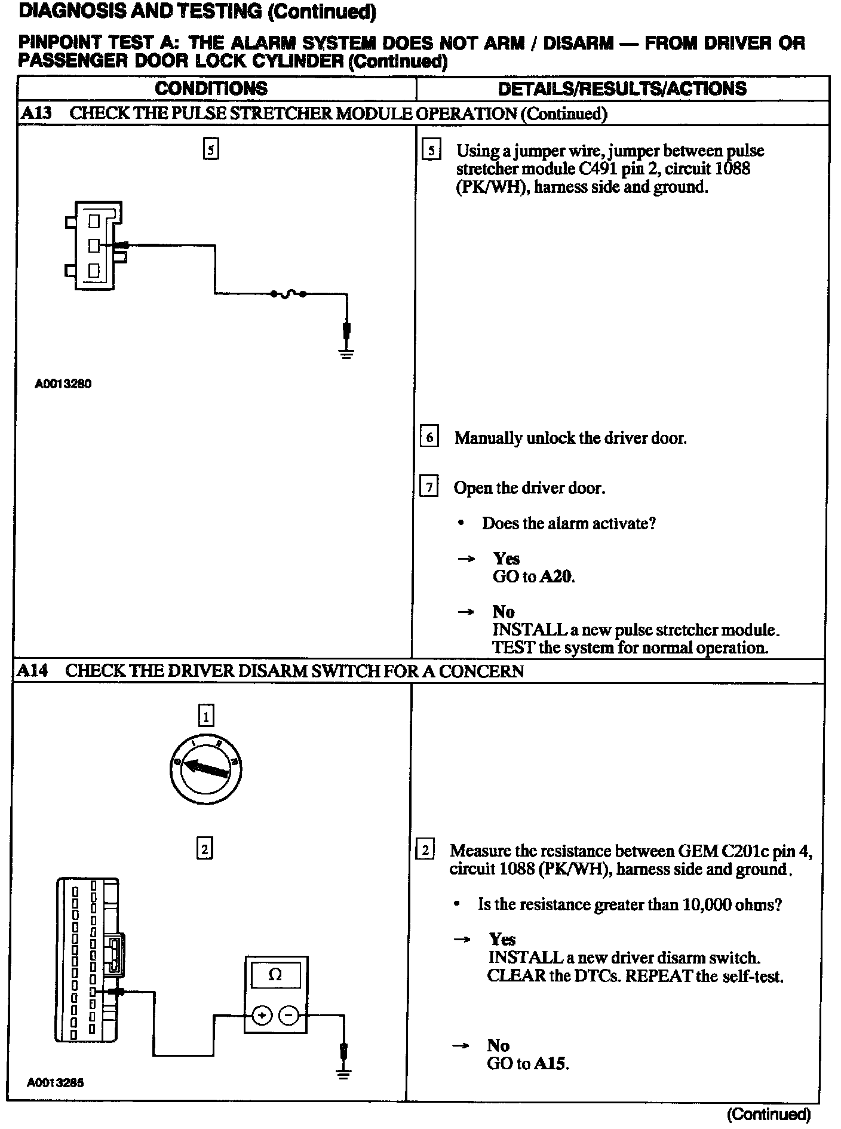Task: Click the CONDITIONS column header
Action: (x=211, y=89)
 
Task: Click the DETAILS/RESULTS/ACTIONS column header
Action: (x=622, y=89)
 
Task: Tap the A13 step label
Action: (x=36, y=113)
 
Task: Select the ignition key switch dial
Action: (x=205, y=769)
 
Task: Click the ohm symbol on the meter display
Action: (x=275, y=975)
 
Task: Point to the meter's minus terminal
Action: (x=289, y=1015)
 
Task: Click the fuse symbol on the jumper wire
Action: (x=288, y=293)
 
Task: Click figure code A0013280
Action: (x=63, y=384)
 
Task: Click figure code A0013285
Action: (x=55, y=1082)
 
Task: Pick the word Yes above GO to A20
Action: (x=506, y=559)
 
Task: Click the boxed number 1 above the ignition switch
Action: (x=205, y=715)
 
